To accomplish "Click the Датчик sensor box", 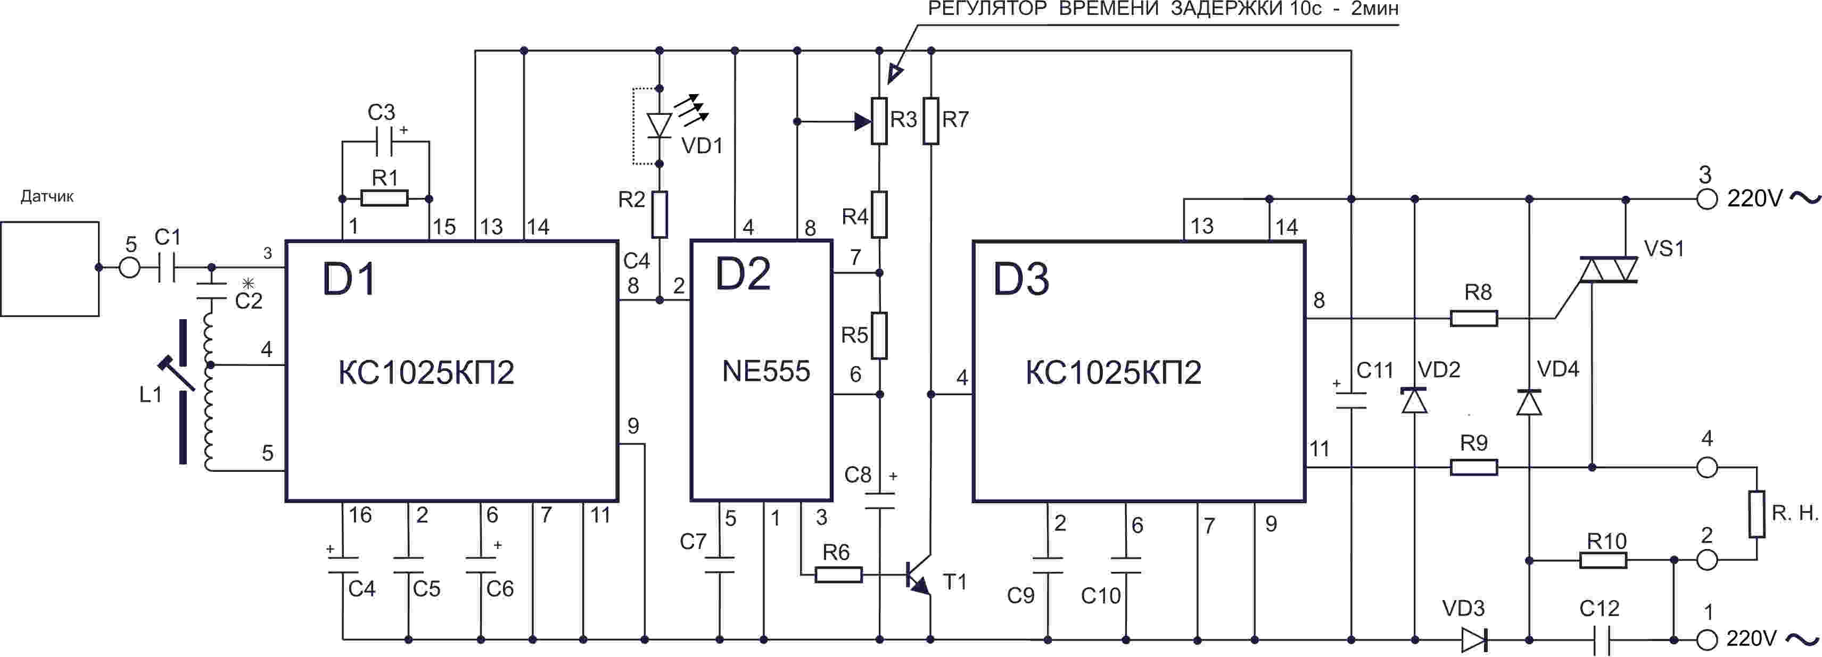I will click(50, 269).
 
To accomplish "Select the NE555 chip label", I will click(765, 371).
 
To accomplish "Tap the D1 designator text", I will click(349, 279).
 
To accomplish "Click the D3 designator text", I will click(1020, 279).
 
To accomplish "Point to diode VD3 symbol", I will click(1474, 640).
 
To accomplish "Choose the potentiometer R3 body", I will click(879, 121).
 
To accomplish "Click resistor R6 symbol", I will click(838, 575).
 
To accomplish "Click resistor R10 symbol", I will click(1603, 561).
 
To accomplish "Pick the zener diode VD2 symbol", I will click(1415, 400).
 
